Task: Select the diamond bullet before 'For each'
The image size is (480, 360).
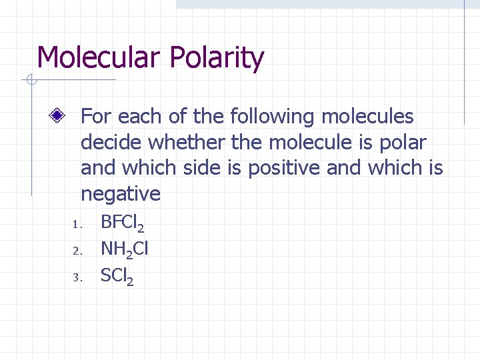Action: click(x=60, y=116)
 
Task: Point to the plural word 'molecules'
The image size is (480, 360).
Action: click(x=367, y=117)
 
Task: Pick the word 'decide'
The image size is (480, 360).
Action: click(x=111, y=143)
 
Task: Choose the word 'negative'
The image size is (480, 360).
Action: click(x=121, y=194)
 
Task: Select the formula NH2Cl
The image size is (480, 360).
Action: click(x=125, y=249)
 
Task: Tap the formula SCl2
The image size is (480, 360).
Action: click(x=117, y=275)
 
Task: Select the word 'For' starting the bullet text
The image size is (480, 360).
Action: click(x=96, y=117)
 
